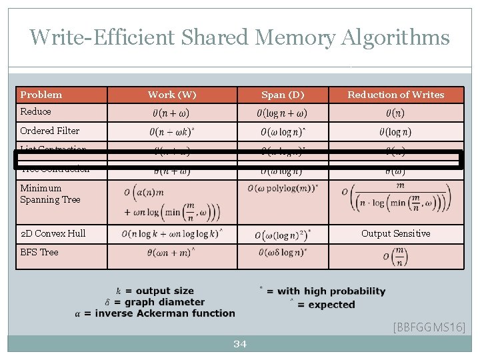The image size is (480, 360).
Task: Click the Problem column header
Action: pyautogui.click(x=41, y=95)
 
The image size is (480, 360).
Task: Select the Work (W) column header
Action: pyautogui.click(x=172, y=95)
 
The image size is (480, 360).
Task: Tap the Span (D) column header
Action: pyautogui.click(x=283, y=95)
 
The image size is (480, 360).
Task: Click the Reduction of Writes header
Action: pyautogui.click(x=395, y=95)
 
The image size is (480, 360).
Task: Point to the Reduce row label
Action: pyautogui.click(x=35, y=111)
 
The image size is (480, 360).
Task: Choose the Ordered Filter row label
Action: pyautogui.click(x=49, y=131)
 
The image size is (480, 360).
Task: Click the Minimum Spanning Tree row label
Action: pyautogui.click(x=50, y=193)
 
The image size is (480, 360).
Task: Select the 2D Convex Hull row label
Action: pyautogui.click(x=53, y=233)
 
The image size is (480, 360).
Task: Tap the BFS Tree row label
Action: pyautogui.click(x=39, y=252)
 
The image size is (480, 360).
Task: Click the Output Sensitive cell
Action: pyautogui.click(x=395, y=233)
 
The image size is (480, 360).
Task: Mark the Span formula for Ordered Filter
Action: pyautogui.click(x=283, y=132)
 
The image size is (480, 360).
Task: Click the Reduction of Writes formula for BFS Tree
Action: pyautogui.click(x=395, y=257)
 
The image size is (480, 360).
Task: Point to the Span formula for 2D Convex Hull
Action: pyautogui.click(x=283, y=235)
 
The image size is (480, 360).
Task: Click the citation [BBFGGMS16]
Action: pyautogui.click(x=429, y=327)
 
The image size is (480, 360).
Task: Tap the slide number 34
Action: pyautogui.click(x=240, y=344)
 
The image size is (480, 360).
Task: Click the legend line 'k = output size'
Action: pyautogui.click(x=155, y=291)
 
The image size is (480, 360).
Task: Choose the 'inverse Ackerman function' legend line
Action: pyautogui.click(x=155, y=313)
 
